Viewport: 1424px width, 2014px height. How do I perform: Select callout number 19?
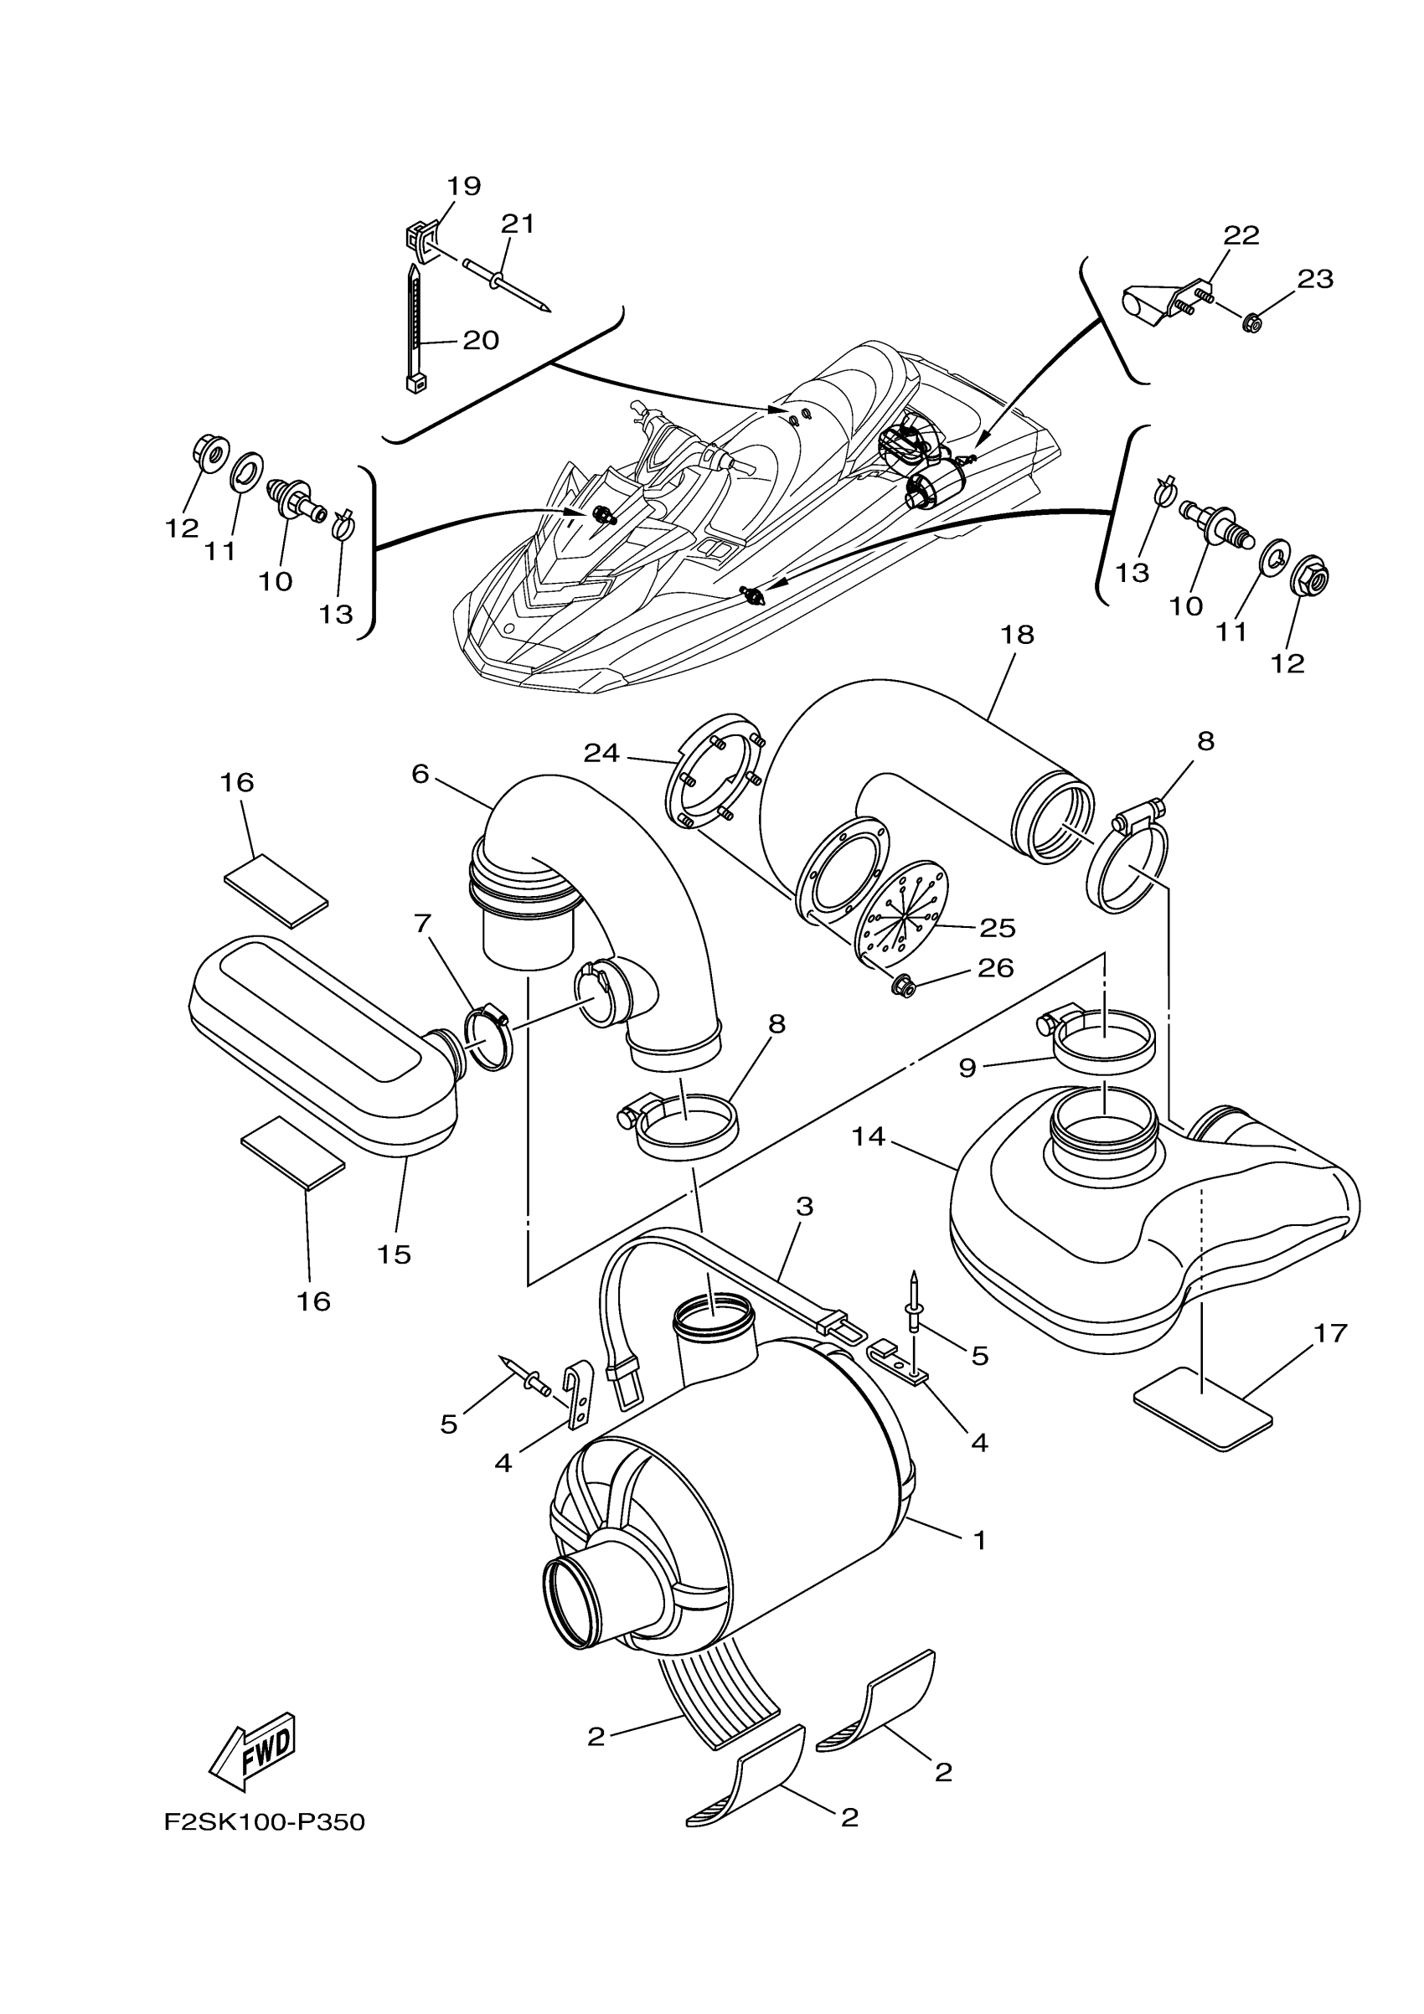pyautogui.click(x=464, y=186)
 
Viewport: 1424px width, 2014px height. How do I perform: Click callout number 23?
pyautogui.click(x=1315, y=279)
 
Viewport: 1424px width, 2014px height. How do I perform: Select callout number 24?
pyautogui.click(x=602, y=753)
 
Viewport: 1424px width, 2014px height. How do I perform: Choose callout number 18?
pyautogui.click(x=1018, y=634)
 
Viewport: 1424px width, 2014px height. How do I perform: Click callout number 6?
pyautogui.click(x=420, y=774)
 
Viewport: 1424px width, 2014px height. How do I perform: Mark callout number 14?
pyautogui.click(x=869, y=1137)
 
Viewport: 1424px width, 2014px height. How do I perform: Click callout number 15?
pyautogui.click(x=394, y=1254)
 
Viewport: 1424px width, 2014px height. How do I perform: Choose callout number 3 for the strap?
pyautogui.click(x=803, y=1206)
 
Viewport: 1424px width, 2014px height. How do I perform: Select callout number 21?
pyautogui.click(x=518, y=224)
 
